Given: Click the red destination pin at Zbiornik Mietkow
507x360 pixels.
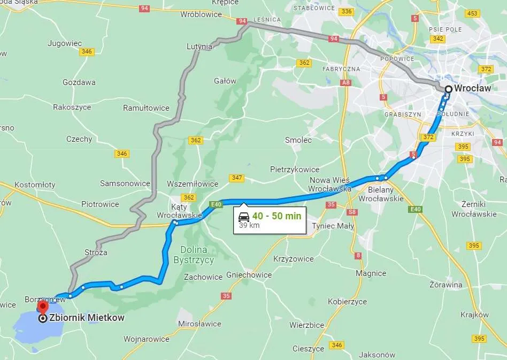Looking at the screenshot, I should (x=42, y=307).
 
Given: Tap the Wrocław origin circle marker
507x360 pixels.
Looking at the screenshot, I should (x=448, y=89).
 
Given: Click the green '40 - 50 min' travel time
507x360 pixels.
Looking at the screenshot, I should (x=276, y=216).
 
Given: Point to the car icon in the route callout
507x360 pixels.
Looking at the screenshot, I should (x=244, y=217).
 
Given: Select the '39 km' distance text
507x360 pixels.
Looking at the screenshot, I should (x=249, y=225).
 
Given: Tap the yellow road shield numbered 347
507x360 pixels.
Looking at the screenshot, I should (x=236, y=178).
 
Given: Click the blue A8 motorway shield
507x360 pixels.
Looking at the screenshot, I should (x=347, y=83).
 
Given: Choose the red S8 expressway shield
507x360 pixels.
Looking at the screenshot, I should (x=352, y=212).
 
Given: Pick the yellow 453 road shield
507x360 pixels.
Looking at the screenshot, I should (x=472, y=13).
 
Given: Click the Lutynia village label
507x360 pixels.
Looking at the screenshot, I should (x=199, y=47).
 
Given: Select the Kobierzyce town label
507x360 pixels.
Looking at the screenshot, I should (x=347, y=301).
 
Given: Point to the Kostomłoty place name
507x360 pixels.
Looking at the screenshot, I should (x=35, y=185).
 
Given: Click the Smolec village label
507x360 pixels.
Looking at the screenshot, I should (x=298, y=140).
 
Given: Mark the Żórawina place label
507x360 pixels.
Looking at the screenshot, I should (x=445, y=285).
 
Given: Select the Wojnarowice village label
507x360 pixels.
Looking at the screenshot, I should (x=146, y=339).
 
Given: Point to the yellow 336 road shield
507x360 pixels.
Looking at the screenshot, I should (x=347, y=11).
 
